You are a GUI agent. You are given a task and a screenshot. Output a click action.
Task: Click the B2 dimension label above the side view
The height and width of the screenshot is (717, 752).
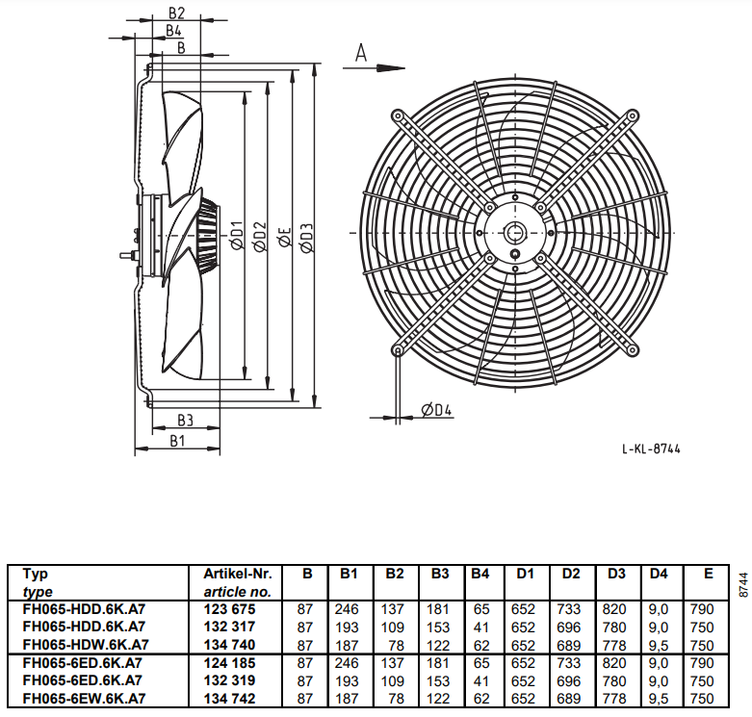pos(176,13)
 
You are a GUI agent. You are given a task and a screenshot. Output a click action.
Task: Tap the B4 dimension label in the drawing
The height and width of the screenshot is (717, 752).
pos(173,31)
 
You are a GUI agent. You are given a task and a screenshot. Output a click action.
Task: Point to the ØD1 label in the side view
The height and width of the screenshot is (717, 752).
pos(237,235)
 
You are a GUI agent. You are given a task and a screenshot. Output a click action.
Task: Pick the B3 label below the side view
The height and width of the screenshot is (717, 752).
pos(185,421)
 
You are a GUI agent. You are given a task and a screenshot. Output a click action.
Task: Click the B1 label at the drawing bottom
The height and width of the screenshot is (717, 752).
pos(177,441)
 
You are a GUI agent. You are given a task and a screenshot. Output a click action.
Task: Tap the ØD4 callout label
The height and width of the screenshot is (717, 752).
pos(436,410)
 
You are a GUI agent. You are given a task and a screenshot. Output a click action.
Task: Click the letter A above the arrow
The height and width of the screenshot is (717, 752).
pos(361,53)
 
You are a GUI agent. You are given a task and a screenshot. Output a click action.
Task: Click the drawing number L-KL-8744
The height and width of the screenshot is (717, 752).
pos(651,449)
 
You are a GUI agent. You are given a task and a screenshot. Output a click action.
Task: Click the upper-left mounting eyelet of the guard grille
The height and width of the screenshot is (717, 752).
pos(398,116)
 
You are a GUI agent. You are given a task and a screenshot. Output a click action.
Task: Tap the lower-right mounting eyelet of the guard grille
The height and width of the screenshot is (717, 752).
pos(633,350)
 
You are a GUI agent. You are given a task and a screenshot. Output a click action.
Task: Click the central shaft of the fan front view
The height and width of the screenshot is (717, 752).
pos(515,233)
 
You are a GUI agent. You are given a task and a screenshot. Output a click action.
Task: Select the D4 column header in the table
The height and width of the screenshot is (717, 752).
pos(659,574)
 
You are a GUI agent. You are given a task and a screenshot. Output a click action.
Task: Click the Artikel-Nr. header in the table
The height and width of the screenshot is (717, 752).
pos(238,574)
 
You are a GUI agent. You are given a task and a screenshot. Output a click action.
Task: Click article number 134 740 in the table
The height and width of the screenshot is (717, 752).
pos(229,645)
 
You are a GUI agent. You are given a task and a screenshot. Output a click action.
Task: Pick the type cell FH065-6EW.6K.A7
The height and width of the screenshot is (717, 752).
pos(84,699)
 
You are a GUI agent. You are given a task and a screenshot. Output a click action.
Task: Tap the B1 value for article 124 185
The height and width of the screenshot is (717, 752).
pos(347,663)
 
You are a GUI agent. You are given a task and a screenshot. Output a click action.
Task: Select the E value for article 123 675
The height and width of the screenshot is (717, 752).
pos(702,609)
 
